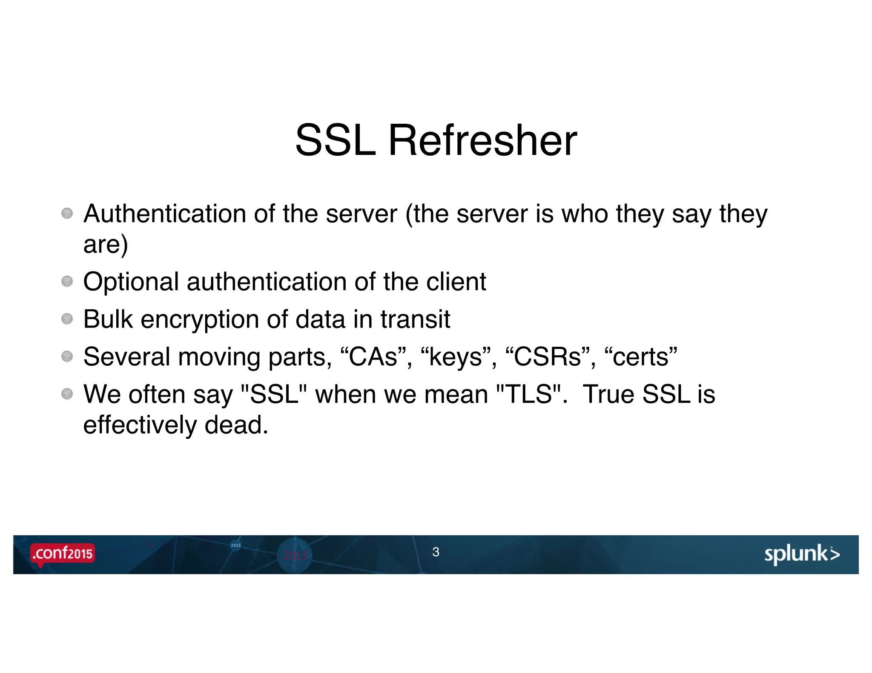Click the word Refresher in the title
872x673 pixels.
tap(482, 140)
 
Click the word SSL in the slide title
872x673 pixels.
tap(336, 140)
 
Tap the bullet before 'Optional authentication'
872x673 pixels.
tap(67, 281)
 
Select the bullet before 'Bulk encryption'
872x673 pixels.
tap(67, 319)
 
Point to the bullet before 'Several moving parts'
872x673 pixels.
tap(67, 356)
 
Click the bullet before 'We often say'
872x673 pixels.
tap(67, 394)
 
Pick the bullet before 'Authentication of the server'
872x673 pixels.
tap(67, 213)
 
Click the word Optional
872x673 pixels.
tap(131, 282)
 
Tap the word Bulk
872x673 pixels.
tap(108, 319)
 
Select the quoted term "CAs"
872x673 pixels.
tap(373, 356)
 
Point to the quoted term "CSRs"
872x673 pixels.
tap(547, 356)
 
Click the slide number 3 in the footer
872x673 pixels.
tap(436, 552)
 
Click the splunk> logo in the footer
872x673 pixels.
tap(802, 554)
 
